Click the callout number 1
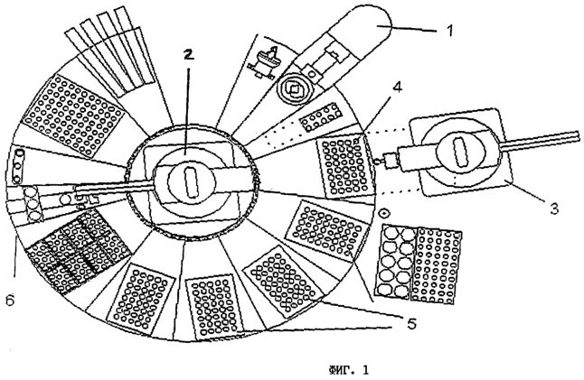(x=450, y=30)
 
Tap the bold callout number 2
(x=189, y=55)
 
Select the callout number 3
(x=554, y=209)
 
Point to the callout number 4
(x=398, y=88)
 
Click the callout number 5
(x=411, y=323)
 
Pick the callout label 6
(x=10, y=301)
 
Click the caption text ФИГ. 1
(x=348, y=370)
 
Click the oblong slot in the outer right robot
(x=461, y=152)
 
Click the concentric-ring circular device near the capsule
(x=294, y=89)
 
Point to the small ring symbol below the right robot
(x=383, y=213)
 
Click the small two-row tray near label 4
(x=321, y=117)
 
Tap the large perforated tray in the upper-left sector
(x=73, y=115)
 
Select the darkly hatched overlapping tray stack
(x=79, y=252)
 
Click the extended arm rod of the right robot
(x=541, y=141)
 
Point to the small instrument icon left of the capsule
(x=264, y=62)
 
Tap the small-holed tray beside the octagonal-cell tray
(x=437, y=265)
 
